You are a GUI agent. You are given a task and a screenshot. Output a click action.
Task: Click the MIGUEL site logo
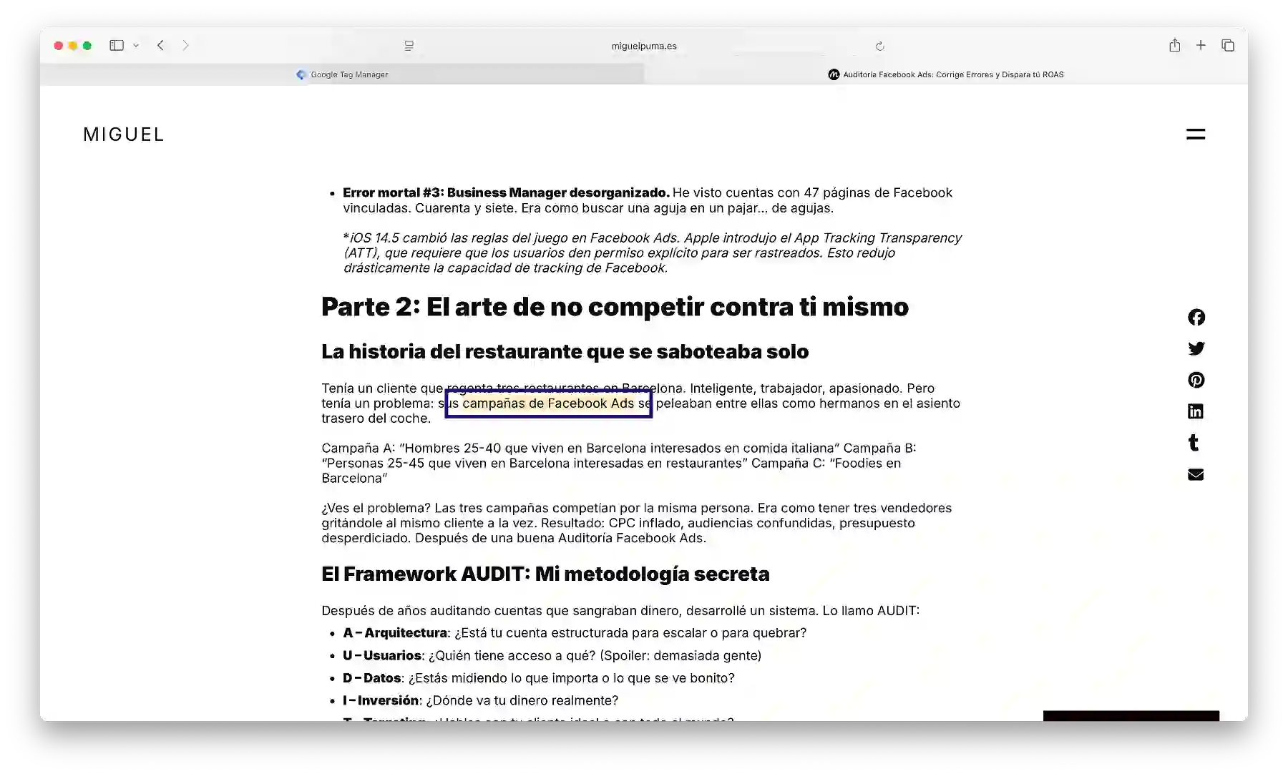pyautogui.click(x=124, y=134)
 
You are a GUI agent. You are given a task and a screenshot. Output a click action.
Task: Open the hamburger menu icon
pyautogui.click(x=1195, y=134)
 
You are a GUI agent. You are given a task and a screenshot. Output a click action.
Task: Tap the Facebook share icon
pyautogui.click(x=1196, y=317)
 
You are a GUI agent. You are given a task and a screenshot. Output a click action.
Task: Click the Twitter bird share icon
pyautogui.click(x=1196, y=348)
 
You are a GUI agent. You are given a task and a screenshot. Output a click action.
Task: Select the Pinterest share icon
pyautogui.click(x=1196, y=380)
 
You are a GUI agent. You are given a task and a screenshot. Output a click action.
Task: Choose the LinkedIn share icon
pyautogui.click(x=1196, y=411)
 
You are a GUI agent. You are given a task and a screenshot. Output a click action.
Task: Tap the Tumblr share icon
pyautogui.click(x=1194, y=443)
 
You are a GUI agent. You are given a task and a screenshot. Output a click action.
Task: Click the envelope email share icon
pyautogui.click(x=1196, y=474)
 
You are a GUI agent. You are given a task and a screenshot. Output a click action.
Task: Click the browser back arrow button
pyautogui.click(x=161, y=46)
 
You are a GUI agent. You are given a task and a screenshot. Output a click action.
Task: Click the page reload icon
pyautogui.click(x=879, y=46)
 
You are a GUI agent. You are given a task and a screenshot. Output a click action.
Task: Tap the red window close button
pyautogui.click(x=59, y=46)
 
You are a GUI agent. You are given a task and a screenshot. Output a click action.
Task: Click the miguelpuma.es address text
pyautogui.click(x=643, y=46)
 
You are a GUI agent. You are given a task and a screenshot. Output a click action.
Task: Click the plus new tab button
pyautogui.click(x=1201, y=46)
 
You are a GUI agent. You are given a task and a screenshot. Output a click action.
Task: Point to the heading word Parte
pyautogui.click(x=356, y=307)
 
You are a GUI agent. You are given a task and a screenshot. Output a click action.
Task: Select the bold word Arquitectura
pyautogui.click(x=406, y=633)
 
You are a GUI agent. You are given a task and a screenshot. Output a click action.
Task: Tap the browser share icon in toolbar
pyautogui.click(x=1174, y=46)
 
